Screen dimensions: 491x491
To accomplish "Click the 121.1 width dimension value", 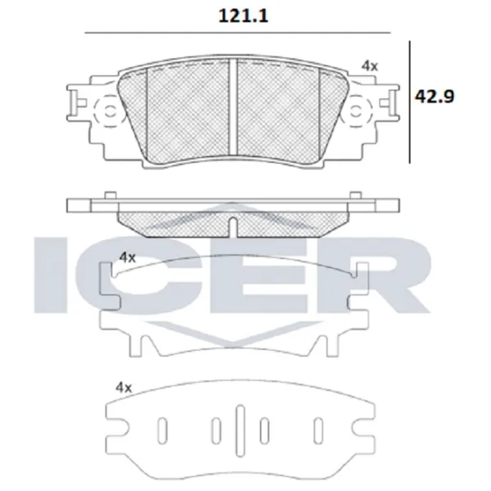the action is [243, 16].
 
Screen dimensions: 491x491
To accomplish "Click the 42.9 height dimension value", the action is [435, 96].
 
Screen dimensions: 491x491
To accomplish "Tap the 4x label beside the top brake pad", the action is [370, 66].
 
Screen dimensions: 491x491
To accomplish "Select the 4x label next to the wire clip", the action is [128, 258].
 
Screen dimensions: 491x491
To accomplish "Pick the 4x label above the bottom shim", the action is [124, 388].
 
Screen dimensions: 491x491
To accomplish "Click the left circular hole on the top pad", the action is [110, 111].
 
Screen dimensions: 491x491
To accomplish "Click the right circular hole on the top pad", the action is [355, 111].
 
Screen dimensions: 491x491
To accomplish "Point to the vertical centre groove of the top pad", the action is [233, 106].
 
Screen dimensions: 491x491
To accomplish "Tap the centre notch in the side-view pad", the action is [233, 227].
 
